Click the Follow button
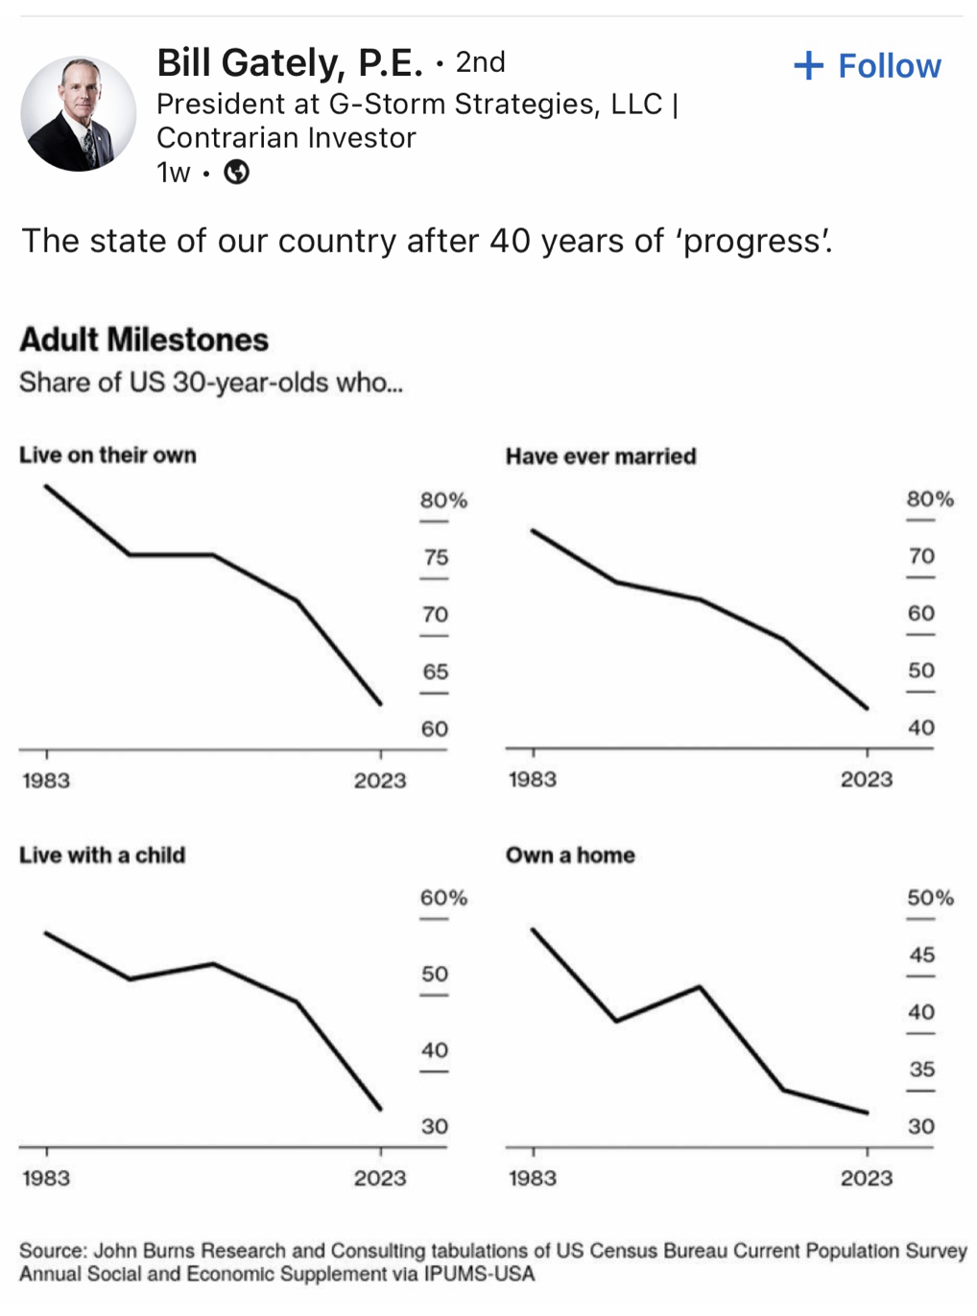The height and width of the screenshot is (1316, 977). pos(868,66)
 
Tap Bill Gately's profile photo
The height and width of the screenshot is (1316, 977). pos(79,113)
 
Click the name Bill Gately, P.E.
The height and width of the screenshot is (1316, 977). pos(289,63)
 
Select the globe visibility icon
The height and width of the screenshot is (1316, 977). pos(236,173)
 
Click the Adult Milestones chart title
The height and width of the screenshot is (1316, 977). pos(144,340)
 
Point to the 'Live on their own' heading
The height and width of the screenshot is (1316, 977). pos(107,455)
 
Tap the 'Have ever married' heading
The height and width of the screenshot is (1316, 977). pos(601,457)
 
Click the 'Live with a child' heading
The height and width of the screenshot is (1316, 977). pos(102,855)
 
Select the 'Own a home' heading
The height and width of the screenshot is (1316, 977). pos(570,855)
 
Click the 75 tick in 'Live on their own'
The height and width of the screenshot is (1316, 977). pos(436,557)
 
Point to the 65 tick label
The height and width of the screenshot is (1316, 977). pos(436,671)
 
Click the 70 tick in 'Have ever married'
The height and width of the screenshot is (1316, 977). pos(921,556)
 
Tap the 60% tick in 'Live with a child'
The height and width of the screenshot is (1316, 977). pos(443,898)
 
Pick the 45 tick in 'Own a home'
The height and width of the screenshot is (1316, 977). pos(921,954)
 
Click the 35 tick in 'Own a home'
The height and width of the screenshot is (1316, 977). pos(921,1069)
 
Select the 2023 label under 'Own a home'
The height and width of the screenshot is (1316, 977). pos(867,1178)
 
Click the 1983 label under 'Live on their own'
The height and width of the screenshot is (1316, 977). pos(46,780)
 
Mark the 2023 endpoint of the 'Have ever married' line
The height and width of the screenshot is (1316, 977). pos(868,709)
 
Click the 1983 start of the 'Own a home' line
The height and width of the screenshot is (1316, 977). pos(533,928)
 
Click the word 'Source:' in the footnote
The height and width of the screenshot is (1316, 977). pos(53,1251)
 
